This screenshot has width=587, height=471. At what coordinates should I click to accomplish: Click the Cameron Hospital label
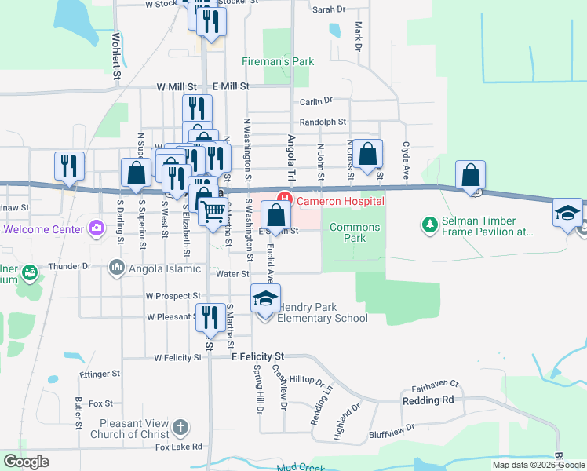point(340,201)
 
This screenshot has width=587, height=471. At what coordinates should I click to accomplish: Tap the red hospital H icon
point(284,200)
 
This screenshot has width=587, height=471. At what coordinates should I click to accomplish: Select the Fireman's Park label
point(276,61)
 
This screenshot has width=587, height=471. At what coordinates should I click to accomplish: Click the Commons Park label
point(355,232)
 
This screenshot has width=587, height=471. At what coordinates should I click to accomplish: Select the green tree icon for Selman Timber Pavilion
point(429,226)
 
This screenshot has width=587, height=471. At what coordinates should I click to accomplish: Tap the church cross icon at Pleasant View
point(180,428)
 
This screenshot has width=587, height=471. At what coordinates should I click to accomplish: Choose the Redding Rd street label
point(428,400)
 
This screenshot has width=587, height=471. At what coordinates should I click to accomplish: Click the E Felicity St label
point(256,356)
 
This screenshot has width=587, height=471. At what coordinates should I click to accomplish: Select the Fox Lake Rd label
point(178,447)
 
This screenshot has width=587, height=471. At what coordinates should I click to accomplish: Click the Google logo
point(26,462)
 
